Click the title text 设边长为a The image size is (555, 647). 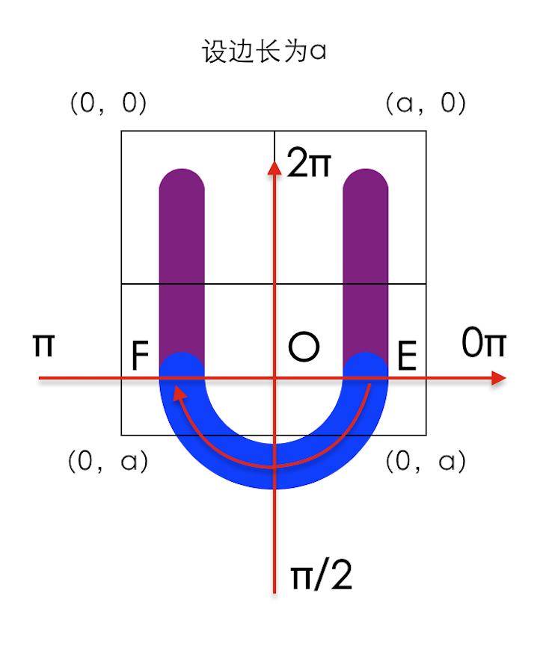[x=265, y=53]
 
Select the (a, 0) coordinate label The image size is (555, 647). [x=426, y=103]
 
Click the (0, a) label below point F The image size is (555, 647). [x=108, y=462]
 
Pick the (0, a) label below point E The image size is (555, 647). [x=426, y=462]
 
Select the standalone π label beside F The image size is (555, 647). [x=43, y=345]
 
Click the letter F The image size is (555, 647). [x=141, y=357]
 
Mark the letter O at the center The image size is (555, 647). [x=304, y=347]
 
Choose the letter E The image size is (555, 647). [x=407, y=357]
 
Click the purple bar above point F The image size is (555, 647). [x=182, y=261]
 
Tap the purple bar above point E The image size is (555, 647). [x=365, y=261]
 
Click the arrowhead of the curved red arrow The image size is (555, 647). [x=178, y=392]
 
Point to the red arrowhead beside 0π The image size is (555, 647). [x=498, y=378]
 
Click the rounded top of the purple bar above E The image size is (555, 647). [x=365, y=179]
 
